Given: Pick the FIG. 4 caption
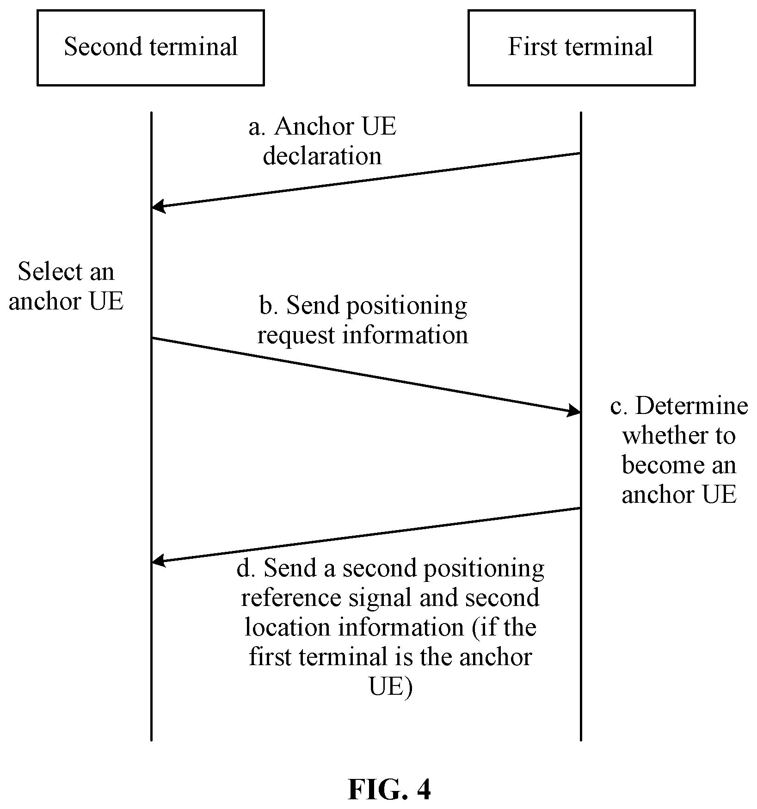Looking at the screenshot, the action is [x=389, y=789].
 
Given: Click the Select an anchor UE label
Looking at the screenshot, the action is [x=66, y=286].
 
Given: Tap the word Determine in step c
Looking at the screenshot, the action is [x=692, y=406].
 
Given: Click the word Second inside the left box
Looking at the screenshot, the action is [x=103, y=47].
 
